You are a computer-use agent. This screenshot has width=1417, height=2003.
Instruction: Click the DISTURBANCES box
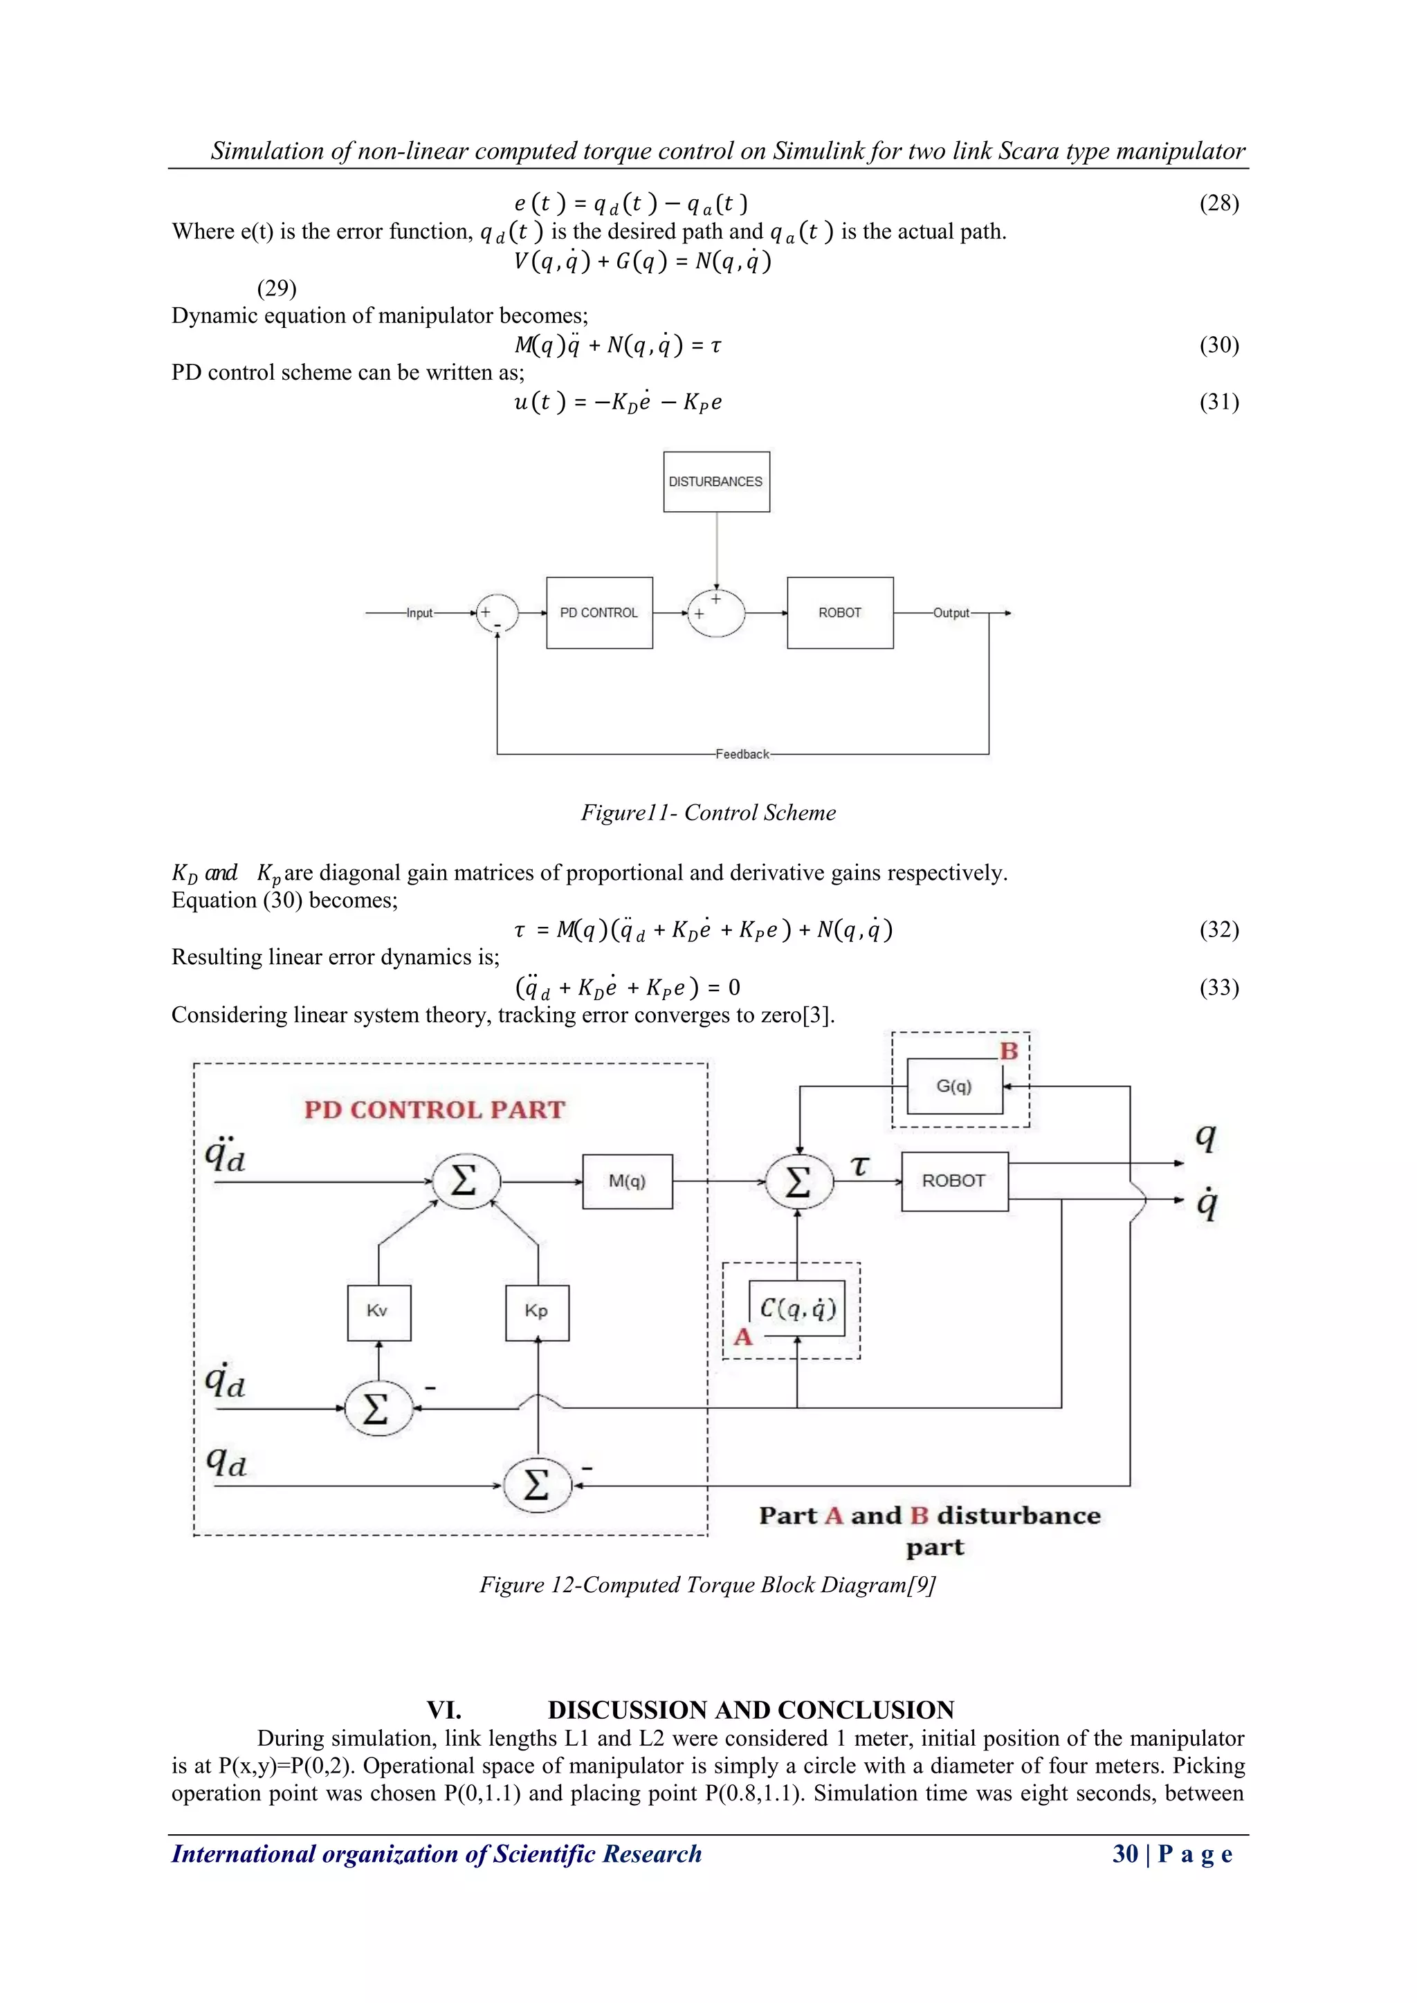coord(716,481)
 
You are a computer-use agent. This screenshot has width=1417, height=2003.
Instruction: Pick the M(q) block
coord(628,1181)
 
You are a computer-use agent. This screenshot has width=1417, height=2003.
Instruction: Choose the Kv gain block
coord(378,1311)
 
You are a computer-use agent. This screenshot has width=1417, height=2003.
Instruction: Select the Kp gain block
coord(538,1311)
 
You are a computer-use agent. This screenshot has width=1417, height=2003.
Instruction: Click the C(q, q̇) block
coord(798,1309)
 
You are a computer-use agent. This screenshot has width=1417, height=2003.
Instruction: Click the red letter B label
coord(1009,1051)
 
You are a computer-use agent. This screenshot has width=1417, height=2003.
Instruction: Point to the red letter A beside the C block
coord(742,1338)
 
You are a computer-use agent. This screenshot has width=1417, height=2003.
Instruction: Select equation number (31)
coord(1219,402)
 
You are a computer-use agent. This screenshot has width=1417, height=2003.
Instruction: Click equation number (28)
coord(1219,203)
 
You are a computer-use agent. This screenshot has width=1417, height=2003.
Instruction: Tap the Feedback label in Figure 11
coord(742,754)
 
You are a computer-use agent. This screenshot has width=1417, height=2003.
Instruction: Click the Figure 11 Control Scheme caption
coord(708,813)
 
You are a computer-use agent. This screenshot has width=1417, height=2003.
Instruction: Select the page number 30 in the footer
coord(1125,1854)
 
